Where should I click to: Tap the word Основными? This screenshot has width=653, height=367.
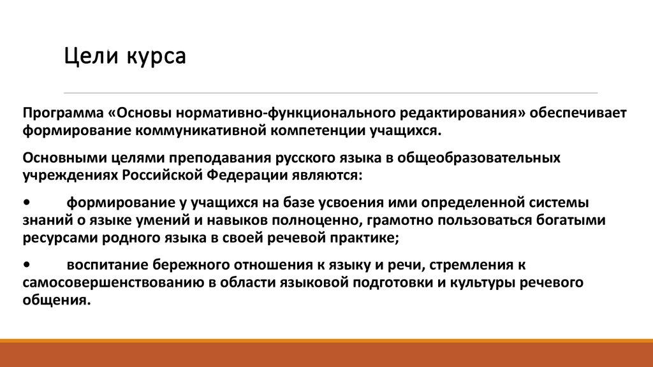(54, 157)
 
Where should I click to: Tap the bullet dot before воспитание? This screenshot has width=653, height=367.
(26, 264)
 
